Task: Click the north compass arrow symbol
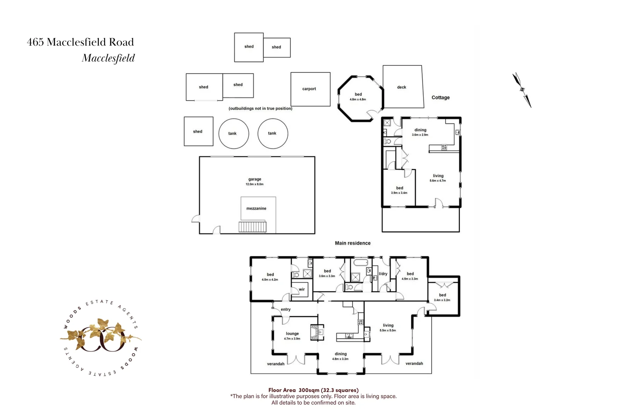tap(522, 90)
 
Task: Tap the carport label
tap(309, 89)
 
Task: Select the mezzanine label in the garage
tap(256, 209)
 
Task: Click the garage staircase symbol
tap(252, 227)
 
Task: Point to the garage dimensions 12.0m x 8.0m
tap(254, 184)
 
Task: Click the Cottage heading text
tap(440, 98)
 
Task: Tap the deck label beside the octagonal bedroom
tap(401, 87)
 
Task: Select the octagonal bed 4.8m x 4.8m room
tap(358, 97)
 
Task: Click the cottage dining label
tap(420, 130)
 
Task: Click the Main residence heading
tap(353, 243)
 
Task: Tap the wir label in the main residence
tap(302, 290)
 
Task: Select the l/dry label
tap(383, 274)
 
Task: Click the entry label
tap(286, 310)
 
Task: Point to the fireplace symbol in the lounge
tap(317, 332)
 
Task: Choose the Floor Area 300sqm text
tap(313, 390)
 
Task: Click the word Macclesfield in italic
tap(108, 58)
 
